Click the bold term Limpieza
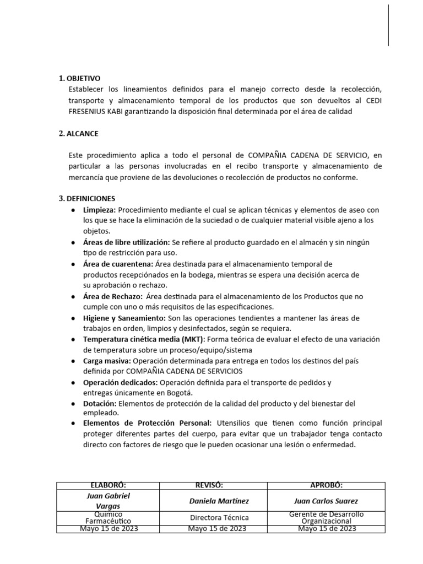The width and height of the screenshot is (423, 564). pyautogui.click(x=99, y=210)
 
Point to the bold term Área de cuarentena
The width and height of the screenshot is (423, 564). pyautogui.click(x=118, y=264)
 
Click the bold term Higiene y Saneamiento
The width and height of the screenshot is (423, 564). pyautogui.click(x=123, y=318)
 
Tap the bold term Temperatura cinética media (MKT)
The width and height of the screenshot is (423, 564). pyautogui.click(x=144, y=339)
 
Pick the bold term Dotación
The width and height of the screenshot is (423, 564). pyautogui.click(x=100, y=403)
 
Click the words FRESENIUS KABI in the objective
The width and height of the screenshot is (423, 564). pyautogui.click(x=97, y=111)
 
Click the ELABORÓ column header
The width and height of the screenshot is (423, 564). pyautogui.click(x=108, y=485)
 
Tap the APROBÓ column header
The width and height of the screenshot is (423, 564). pyautogui.click(x=326, y=485)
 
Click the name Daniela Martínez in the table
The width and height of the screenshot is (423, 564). pyautogui.click(x=219, y=501)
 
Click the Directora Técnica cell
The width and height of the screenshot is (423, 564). pyautogui.click(x=219, y=518)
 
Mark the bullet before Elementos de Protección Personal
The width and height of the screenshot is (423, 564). pyautogui.click(x=74, y=423)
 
